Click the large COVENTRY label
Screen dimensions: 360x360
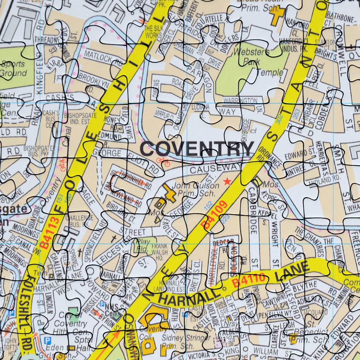click(x=197, y=149)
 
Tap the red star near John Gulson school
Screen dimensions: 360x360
click(x=227, y=181)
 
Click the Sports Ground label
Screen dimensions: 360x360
click(x=13, y=69)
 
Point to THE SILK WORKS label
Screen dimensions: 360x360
click(x=153, y=32)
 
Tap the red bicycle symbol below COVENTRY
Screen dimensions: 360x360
click(x=163, y=162)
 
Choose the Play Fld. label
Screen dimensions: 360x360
click(x=143, y=245)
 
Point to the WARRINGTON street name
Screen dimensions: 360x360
click(x=240, y=101)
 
